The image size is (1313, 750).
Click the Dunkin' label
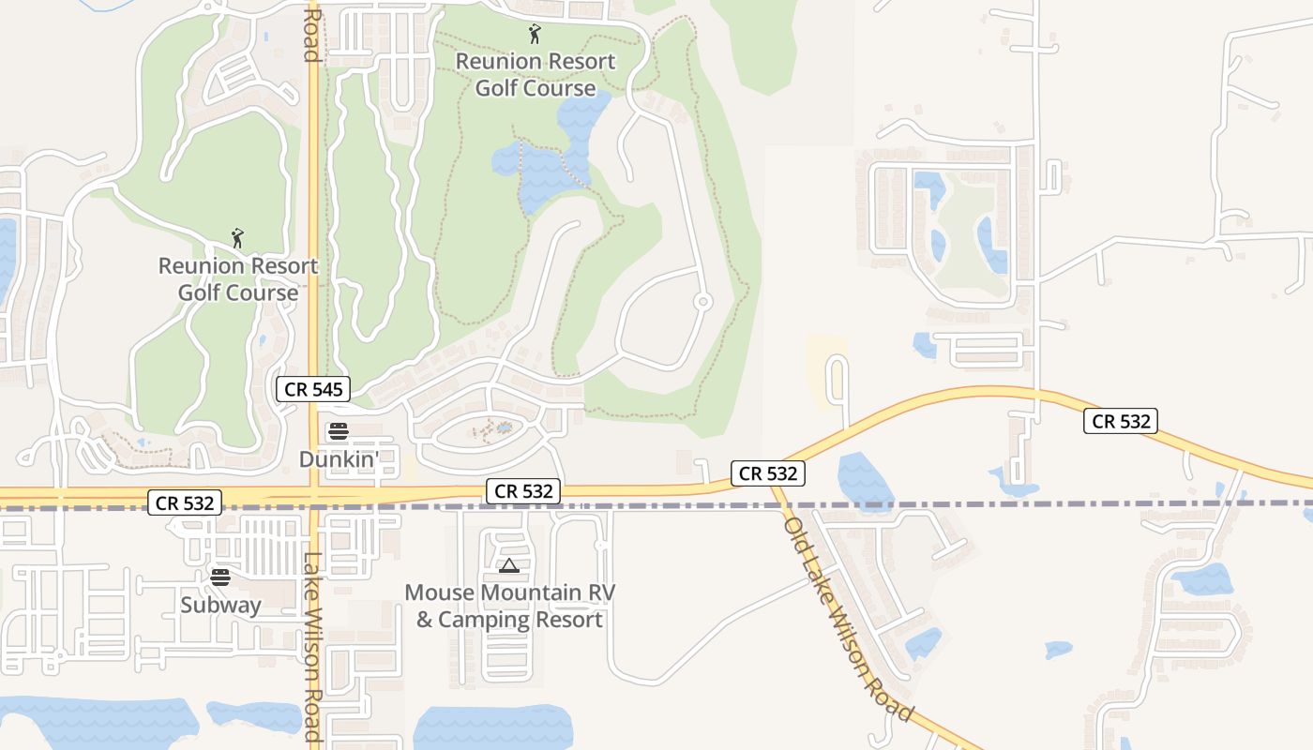click(339, 459)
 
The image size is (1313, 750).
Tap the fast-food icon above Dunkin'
click(339, 432)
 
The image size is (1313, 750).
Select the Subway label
click(220, 606)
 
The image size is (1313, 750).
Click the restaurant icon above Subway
click(220, 577)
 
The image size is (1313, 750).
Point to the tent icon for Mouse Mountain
click(508, 565)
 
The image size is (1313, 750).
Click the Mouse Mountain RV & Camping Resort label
click(509, 607)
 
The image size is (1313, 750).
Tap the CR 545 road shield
click(313, 389)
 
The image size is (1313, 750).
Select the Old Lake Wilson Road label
click(848, 619)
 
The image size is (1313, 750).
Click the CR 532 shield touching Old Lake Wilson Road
click(768, 473)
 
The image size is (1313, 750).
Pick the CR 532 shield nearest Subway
click(185, 502)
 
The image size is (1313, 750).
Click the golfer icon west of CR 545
click(237, 238)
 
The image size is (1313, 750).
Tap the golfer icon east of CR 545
click(535, 35)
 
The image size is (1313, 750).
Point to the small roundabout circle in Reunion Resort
click(702, 302)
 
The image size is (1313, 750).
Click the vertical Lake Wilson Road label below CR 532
click(312, 647)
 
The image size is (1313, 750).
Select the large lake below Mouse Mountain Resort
click(492, 727)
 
